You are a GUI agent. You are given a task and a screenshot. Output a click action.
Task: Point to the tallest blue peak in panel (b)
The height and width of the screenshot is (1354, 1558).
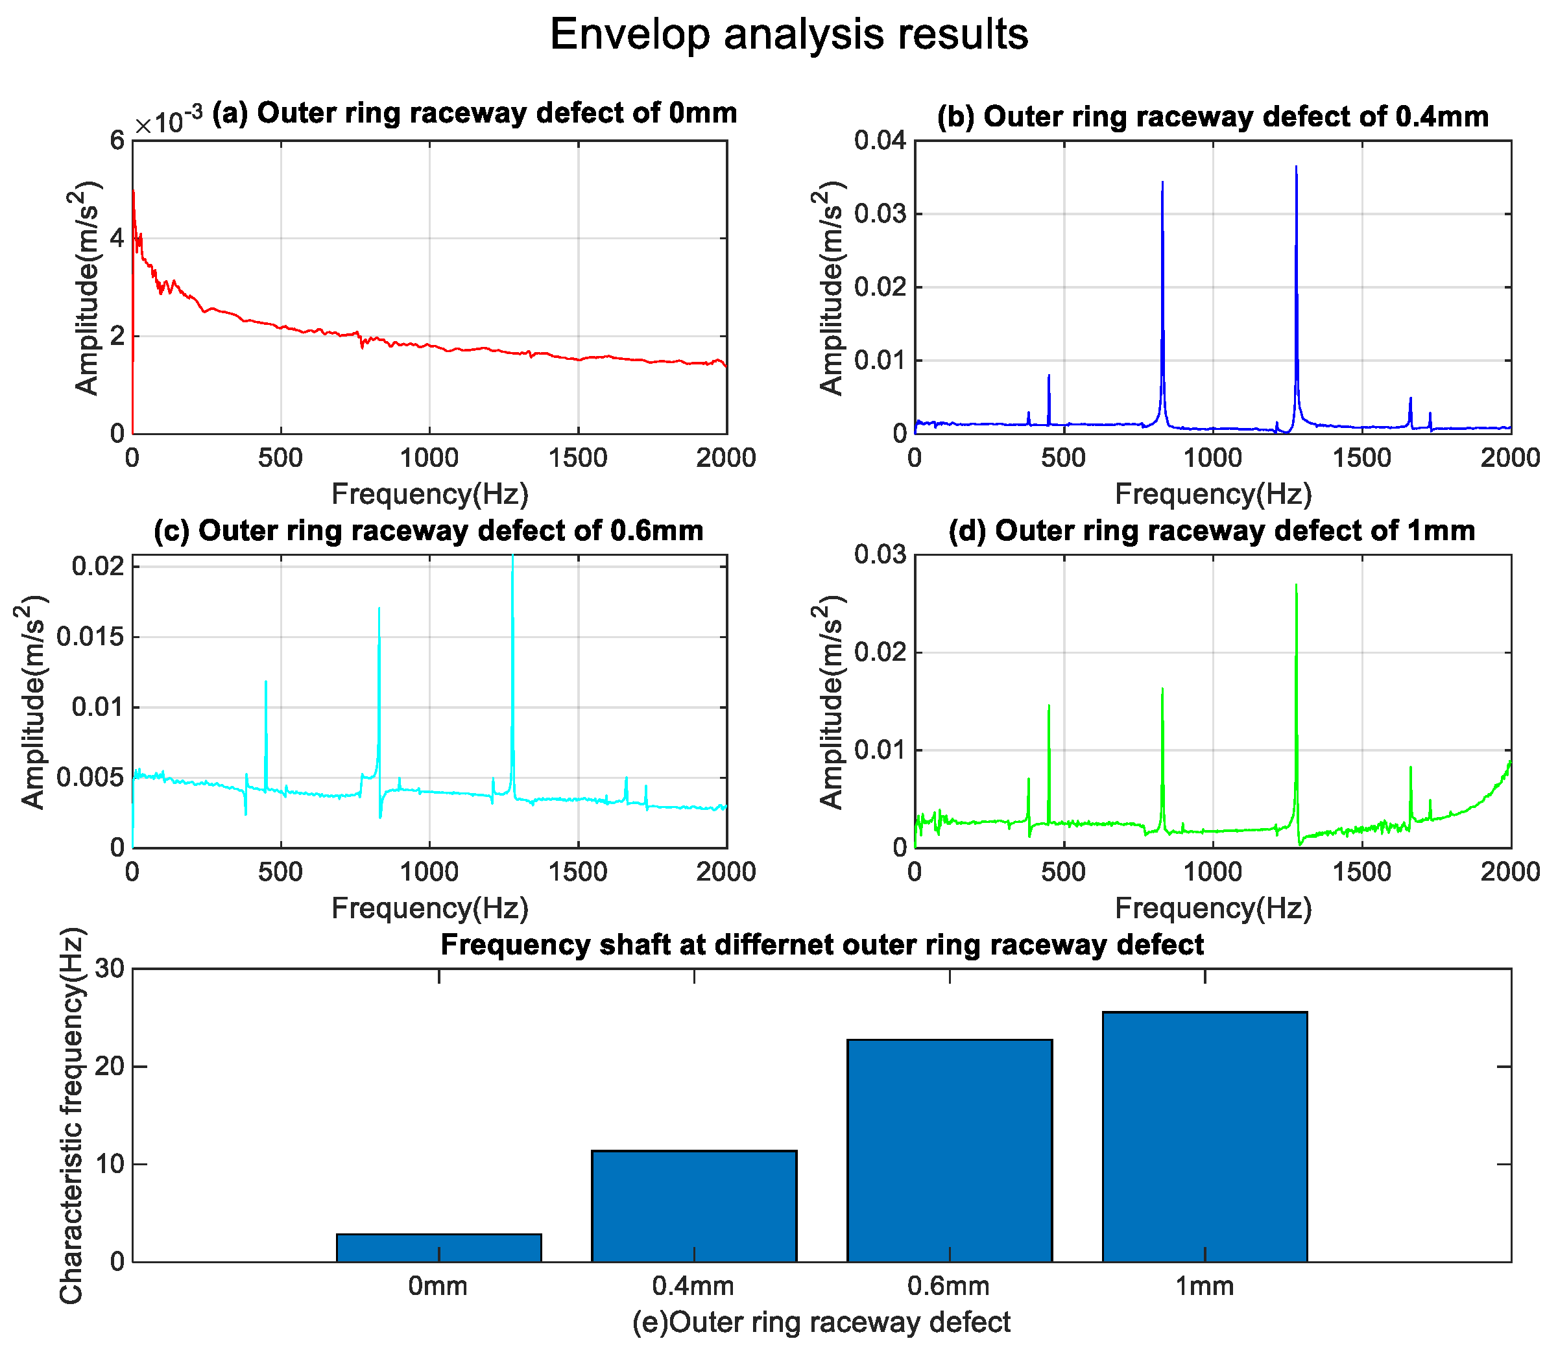1296,169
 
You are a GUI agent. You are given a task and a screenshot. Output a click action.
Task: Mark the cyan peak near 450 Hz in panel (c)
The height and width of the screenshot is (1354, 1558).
266,683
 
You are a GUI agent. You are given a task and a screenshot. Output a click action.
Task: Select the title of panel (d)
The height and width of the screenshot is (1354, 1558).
1212,530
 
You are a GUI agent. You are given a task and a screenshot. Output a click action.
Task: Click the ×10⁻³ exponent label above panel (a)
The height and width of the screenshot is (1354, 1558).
168,121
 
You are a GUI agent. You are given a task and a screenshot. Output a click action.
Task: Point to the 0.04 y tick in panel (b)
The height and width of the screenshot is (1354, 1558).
880,141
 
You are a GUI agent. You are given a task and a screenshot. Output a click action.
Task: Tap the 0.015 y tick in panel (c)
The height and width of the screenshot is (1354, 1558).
89,637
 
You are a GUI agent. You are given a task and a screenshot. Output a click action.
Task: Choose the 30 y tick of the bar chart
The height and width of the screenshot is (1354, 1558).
110,969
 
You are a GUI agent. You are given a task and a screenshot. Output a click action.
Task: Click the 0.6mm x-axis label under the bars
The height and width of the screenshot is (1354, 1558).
949,1285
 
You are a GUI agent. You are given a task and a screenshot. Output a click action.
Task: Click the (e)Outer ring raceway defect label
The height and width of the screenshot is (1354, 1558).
821,1322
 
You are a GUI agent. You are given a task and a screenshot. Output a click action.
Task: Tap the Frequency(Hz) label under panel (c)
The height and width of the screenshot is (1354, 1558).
429,907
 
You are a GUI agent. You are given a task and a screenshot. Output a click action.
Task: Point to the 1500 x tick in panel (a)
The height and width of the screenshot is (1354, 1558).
577,458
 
